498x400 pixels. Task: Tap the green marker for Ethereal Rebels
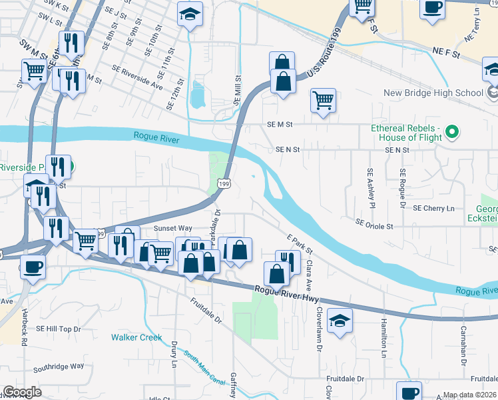pos(452,132)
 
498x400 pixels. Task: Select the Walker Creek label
pos(136,337)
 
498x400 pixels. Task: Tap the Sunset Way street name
pos(172,228)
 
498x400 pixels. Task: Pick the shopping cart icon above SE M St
pos(323,100)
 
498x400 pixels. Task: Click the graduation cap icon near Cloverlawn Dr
pos(340,321)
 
